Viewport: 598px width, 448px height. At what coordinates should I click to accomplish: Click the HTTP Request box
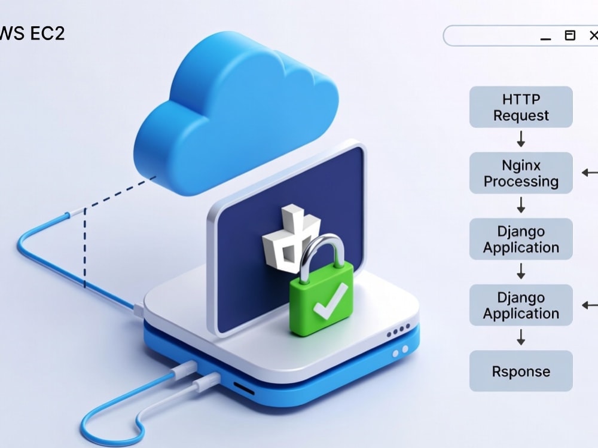[x=521, y=107]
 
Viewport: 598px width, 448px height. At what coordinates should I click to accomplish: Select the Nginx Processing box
[x=521, y=173]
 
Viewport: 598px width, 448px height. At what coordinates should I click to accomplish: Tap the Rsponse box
[x=521, y=371]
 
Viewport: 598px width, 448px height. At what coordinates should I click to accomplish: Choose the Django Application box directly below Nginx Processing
[x=521, y=240]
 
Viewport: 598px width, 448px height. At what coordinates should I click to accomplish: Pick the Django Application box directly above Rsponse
[x=521, y=305]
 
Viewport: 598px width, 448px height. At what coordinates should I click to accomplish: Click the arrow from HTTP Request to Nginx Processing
[x=521, y=139]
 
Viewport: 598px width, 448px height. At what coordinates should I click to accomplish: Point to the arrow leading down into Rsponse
[x=521, y=337]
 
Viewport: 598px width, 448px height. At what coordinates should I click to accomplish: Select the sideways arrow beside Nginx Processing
[x=590, y=173]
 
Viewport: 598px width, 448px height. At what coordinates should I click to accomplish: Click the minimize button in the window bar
[x=546, y=39]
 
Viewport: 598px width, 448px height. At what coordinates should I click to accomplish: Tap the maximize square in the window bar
[x=570, y=35]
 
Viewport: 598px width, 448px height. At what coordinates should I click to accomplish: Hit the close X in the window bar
[x=594, y=35]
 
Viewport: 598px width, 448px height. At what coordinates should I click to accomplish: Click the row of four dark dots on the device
[x=398, y=331]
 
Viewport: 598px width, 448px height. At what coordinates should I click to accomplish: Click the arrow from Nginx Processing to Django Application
[x=521, y=205]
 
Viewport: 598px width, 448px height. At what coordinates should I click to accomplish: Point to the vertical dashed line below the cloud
[x=85, y=248]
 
